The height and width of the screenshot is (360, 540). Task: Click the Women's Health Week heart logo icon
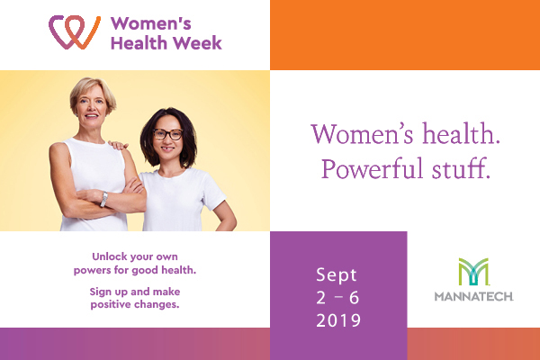[73, 32]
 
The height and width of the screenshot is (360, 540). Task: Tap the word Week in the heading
[198, 42]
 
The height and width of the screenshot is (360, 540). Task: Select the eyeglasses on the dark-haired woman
[168, 134]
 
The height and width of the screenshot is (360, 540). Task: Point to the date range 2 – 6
[337, 297]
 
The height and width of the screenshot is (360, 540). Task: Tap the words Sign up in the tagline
[110, 292]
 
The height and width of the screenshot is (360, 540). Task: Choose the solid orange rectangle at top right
[404, 34]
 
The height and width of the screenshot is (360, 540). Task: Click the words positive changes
[135, 304]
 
